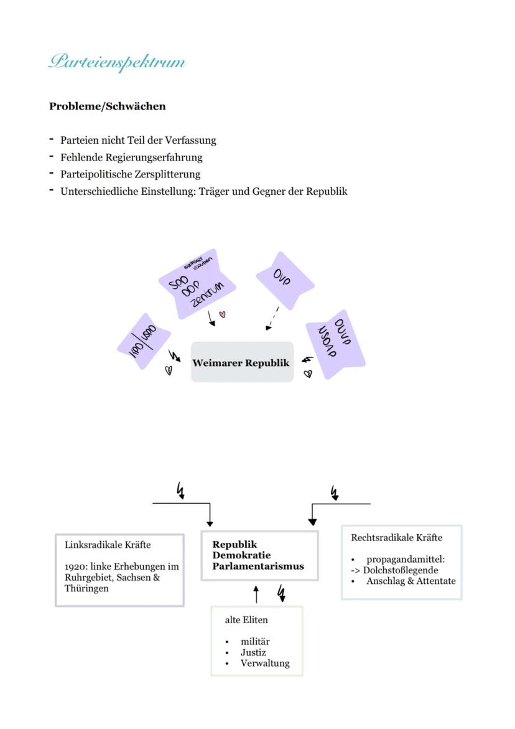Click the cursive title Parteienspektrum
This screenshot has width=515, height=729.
tap(117, 62)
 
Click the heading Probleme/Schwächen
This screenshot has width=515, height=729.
tap(107, 106)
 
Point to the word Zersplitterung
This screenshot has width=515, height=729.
tap(169, 174)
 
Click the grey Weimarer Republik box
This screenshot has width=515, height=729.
tap(241, 362)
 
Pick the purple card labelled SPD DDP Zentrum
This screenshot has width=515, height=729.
tap(197, 283)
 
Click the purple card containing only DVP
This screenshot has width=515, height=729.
tap(284, 280)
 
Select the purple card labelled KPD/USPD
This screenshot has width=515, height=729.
tap(144, 341)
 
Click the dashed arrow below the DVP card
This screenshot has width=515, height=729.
tap(272, 319)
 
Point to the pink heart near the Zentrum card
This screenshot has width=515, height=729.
tap(223, 315)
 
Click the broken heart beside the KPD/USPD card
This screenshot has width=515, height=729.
tap(168, 370)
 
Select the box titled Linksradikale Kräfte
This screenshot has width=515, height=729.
tap(119, 569)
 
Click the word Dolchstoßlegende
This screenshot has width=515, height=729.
tap(401, 570)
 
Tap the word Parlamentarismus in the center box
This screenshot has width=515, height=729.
tap(258, 567)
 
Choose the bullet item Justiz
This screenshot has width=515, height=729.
tap(253, 652)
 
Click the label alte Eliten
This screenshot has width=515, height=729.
tap(246, 620)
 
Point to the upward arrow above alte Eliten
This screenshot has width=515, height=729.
tap(256, 594)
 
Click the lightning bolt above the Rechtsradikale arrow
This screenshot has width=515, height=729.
tap(335, 493)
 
